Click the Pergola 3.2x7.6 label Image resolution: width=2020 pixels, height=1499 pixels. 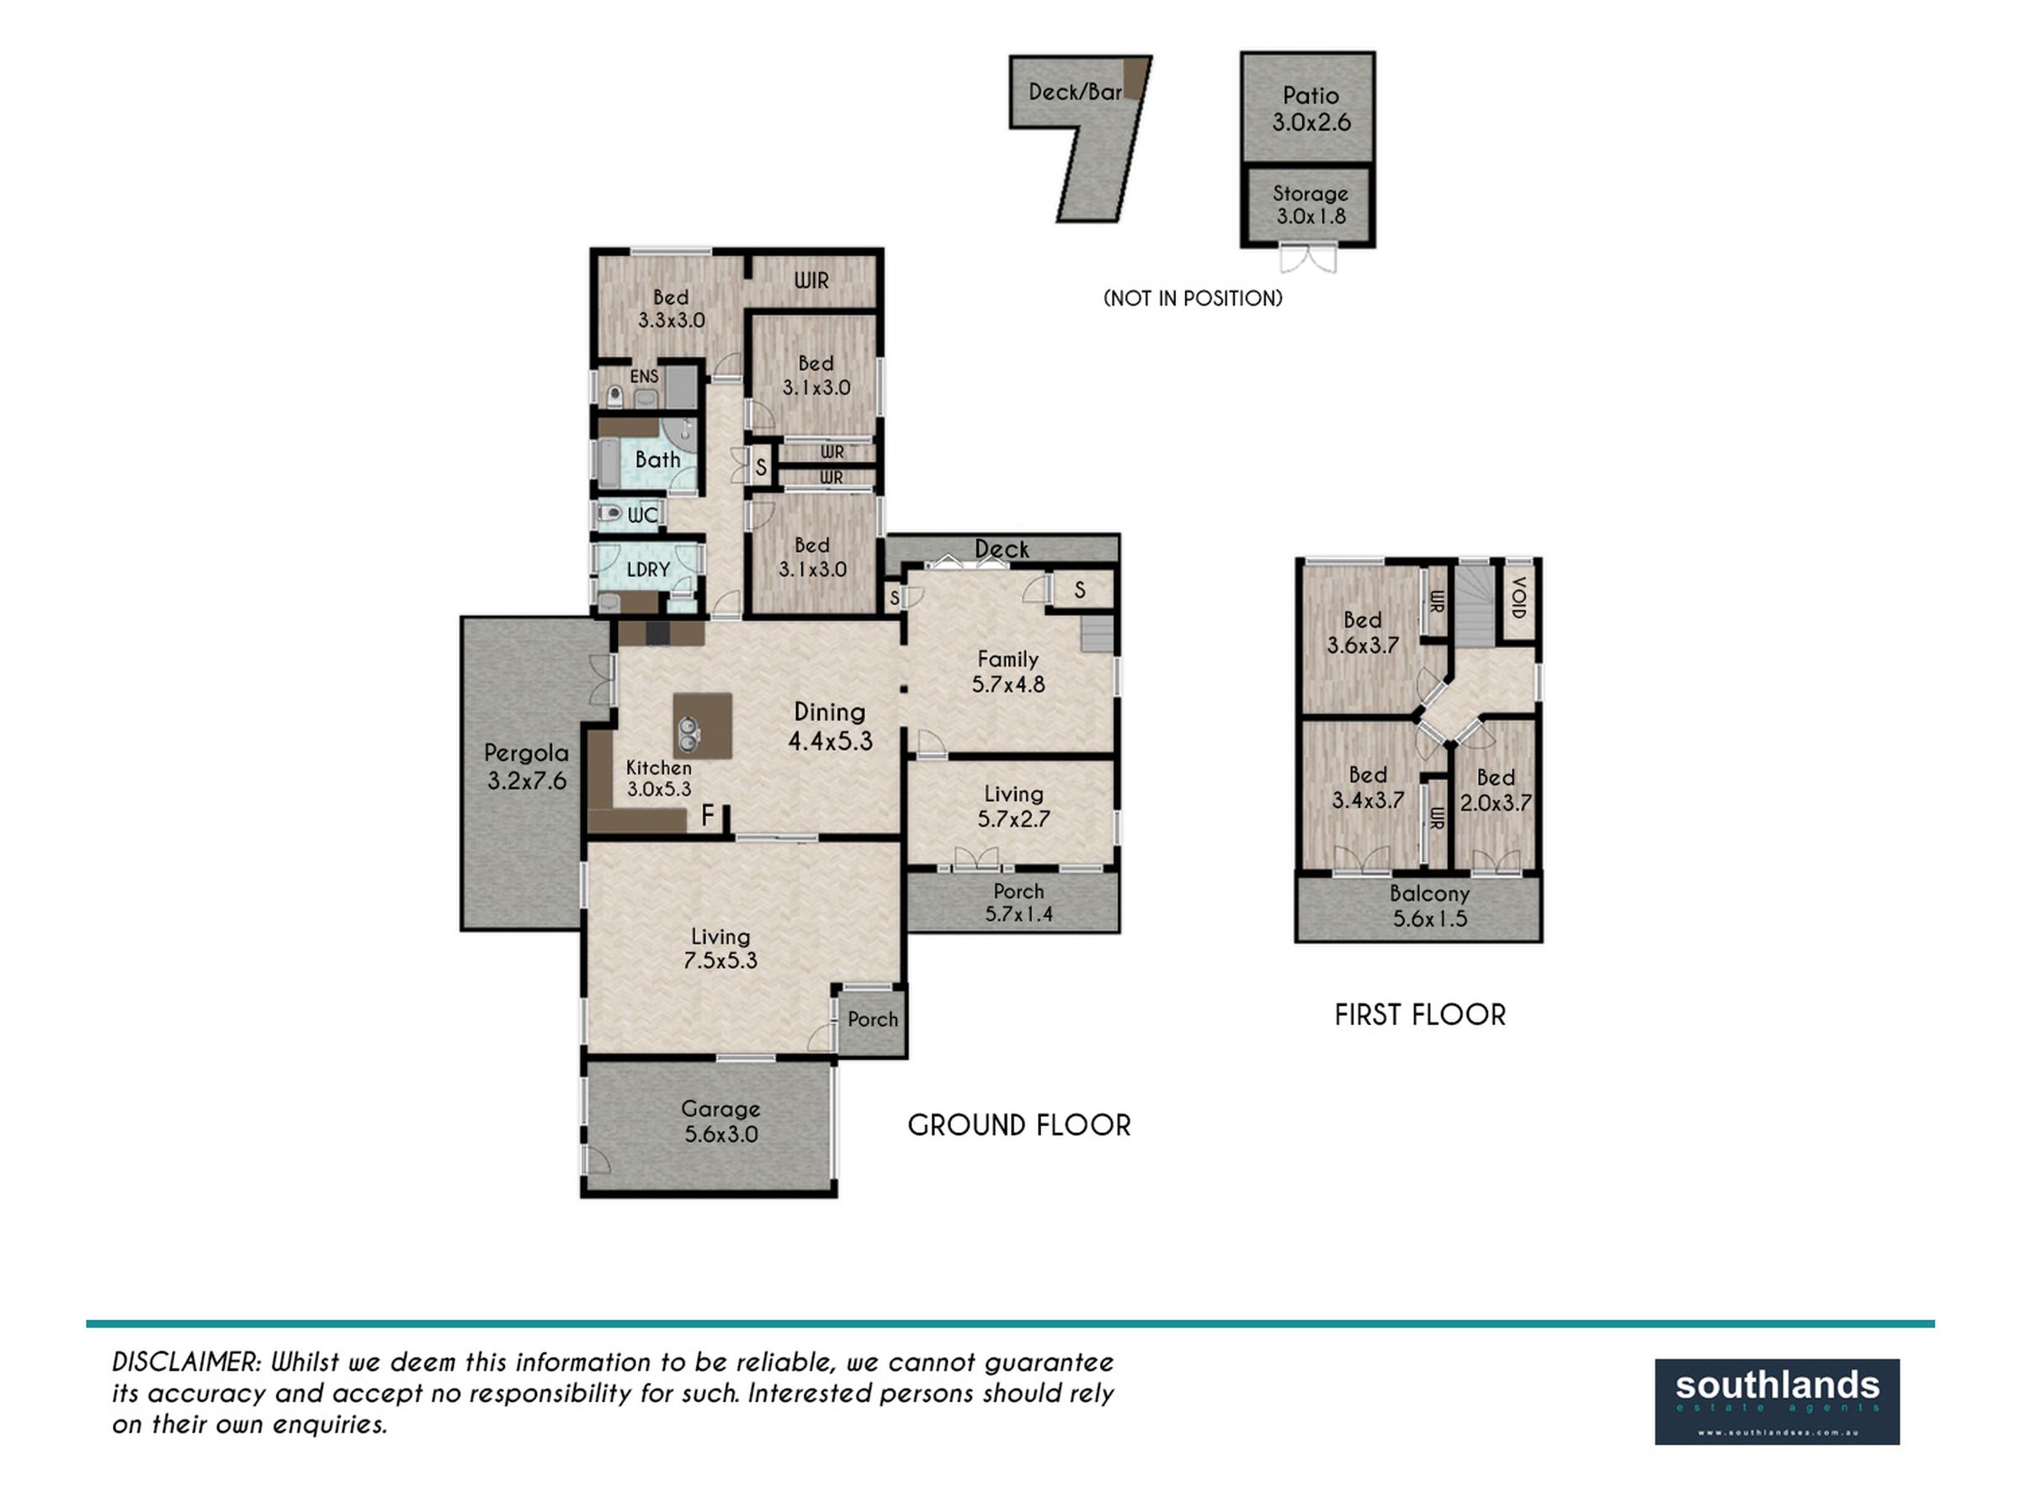pyautogui.click(x=526, y=767)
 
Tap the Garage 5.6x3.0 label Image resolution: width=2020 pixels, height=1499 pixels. pyautogui.click(x=720, y=1122)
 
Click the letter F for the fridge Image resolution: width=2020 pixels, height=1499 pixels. pyautogui.click(x=708, y=816)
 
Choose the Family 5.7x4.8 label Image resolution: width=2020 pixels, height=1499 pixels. pyautogui.click(x=1008, y=672)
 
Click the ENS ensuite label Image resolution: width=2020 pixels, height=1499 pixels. pyautogui.click(x=644, y=375)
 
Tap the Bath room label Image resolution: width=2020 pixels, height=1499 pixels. pyautogui.click(x=658, y=460)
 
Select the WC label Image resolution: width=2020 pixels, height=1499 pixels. pyautogui.click(x=642, y=515)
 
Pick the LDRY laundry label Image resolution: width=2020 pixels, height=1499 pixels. pyautogui.click(x=649, y=570)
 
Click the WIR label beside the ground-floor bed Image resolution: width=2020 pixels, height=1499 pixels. pyautogui.click(x=811, y=280)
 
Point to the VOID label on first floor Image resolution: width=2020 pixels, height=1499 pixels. pyautogui.click(x=1519, y=598)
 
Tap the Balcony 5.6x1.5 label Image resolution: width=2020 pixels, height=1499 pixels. pyautogui.click(x=1429, y=906)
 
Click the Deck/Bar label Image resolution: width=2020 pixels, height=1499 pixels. pyautogui.click(x=1076, y=92)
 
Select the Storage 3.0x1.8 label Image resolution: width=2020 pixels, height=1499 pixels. pyautogui.click(x=1310, y=205)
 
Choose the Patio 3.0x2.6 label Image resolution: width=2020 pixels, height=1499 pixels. pyautogui.click(x=1311, y=109)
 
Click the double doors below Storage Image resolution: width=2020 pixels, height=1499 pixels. pyautogui.click(x=1309, y=258)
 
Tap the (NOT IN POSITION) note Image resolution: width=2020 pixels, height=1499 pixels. pyautogui.click(x=1193, y=299)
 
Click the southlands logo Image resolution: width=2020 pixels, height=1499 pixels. pyautogui.click(x=1777, y=1402)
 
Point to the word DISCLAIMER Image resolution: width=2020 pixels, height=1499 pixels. pyautogui.click(x=188, y=1362)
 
